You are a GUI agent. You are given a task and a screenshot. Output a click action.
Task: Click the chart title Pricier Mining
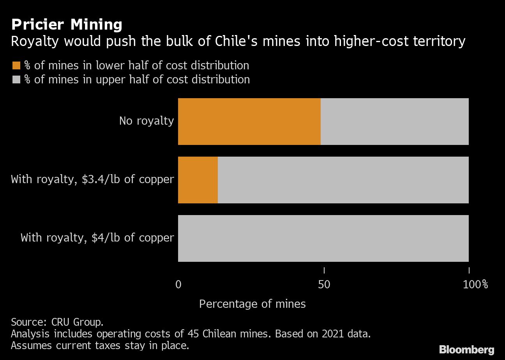point(67,25)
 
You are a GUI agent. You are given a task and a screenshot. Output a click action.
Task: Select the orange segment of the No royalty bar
point(249,122)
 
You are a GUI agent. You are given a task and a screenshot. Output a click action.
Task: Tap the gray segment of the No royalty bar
point(394,122)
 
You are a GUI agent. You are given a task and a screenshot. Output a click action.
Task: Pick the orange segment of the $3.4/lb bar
point(198,180)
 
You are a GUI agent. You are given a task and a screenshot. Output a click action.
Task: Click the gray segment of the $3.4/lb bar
point(343,180)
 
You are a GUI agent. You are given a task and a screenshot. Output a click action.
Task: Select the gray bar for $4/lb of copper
point(323,238)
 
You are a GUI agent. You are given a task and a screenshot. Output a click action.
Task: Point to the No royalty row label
point(146,121)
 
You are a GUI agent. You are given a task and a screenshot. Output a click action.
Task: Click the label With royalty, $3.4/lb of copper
point(92,179)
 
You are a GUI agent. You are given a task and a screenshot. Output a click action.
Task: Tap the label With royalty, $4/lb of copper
point(97,238)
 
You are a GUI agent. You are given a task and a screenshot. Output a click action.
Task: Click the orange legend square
point(16,65)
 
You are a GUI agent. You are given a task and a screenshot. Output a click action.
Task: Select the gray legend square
point(16,79)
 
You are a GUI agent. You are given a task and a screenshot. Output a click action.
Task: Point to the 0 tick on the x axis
point(178,284)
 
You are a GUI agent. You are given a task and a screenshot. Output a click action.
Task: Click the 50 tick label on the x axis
point(324,284)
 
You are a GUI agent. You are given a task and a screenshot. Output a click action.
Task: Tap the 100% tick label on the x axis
point(475,284)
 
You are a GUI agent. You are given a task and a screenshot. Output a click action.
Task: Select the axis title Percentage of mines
point(252,304)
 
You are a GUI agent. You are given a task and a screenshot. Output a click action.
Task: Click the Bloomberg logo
point(466,349)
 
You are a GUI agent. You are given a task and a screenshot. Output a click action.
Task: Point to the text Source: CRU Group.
point(57,322)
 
